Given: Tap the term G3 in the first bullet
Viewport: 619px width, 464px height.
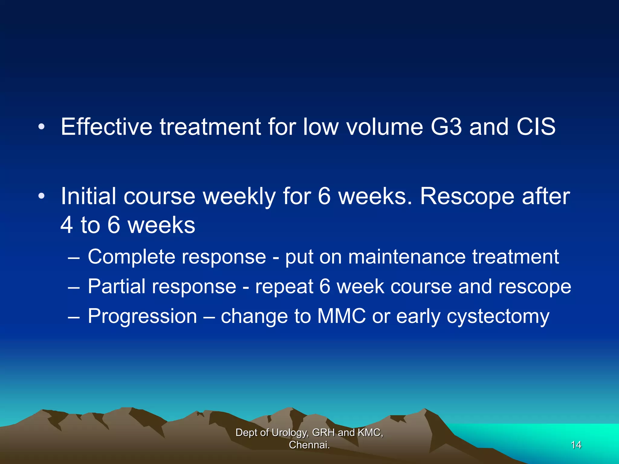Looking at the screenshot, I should pyautogui.click(x=446, y=127).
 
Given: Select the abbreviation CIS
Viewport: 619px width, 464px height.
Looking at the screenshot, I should pyautogui.click(x=536, y=127).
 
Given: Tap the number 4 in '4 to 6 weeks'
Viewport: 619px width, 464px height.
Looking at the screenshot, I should pyautogui.click(x=66, y=225).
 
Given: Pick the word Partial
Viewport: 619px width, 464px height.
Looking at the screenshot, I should pyautogui.click(x=116, y=286).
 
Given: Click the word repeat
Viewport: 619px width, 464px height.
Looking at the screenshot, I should pyautogui.click(x=284, y=286).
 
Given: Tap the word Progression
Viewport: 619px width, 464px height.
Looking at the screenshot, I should pyautogui.click(x=142, y=316).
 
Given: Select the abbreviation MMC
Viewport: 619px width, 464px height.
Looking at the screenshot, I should pyautogui.click(x=341, y=316).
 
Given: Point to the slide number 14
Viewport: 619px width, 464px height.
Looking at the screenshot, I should pyautogui.click(x=576, y=445).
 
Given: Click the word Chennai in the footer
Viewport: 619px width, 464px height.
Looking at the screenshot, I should pyautogui.click(x=308, y=445).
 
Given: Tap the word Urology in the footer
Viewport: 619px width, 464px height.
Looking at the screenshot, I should pyautogui.click(x=290, y=433).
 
